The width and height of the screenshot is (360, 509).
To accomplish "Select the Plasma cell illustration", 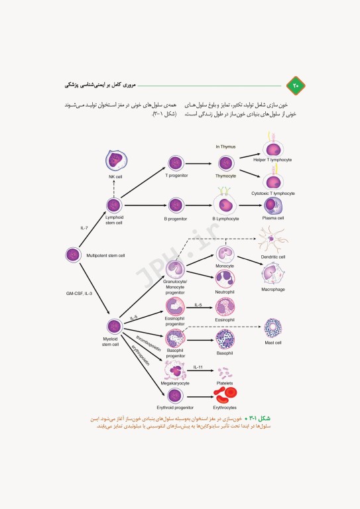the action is coord(272,205).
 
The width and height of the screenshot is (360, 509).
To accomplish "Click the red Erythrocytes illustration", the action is coord(225,395).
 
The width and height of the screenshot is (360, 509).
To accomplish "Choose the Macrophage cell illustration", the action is coord(272,274).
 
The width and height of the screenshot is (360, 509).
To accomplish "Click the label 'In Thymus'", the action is coord(225,146).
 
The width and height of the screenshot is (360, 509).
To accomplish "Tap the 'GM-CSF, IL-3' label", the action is coord(78,292).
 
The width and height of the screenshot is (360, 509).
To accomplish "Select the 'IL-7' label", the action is coord(84,228).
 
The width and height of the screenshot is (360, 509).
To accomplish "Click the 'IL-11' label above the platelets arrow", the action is coord(198,367).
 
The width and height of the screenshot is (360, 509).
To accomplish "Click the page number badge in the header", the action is coord(294,85).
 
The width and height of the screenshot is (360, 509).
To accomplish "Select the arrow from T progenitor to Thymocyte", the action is coord(201,162).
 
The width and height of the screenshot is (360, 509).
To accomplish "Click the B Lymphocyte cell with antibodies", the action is coord(225,205).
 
